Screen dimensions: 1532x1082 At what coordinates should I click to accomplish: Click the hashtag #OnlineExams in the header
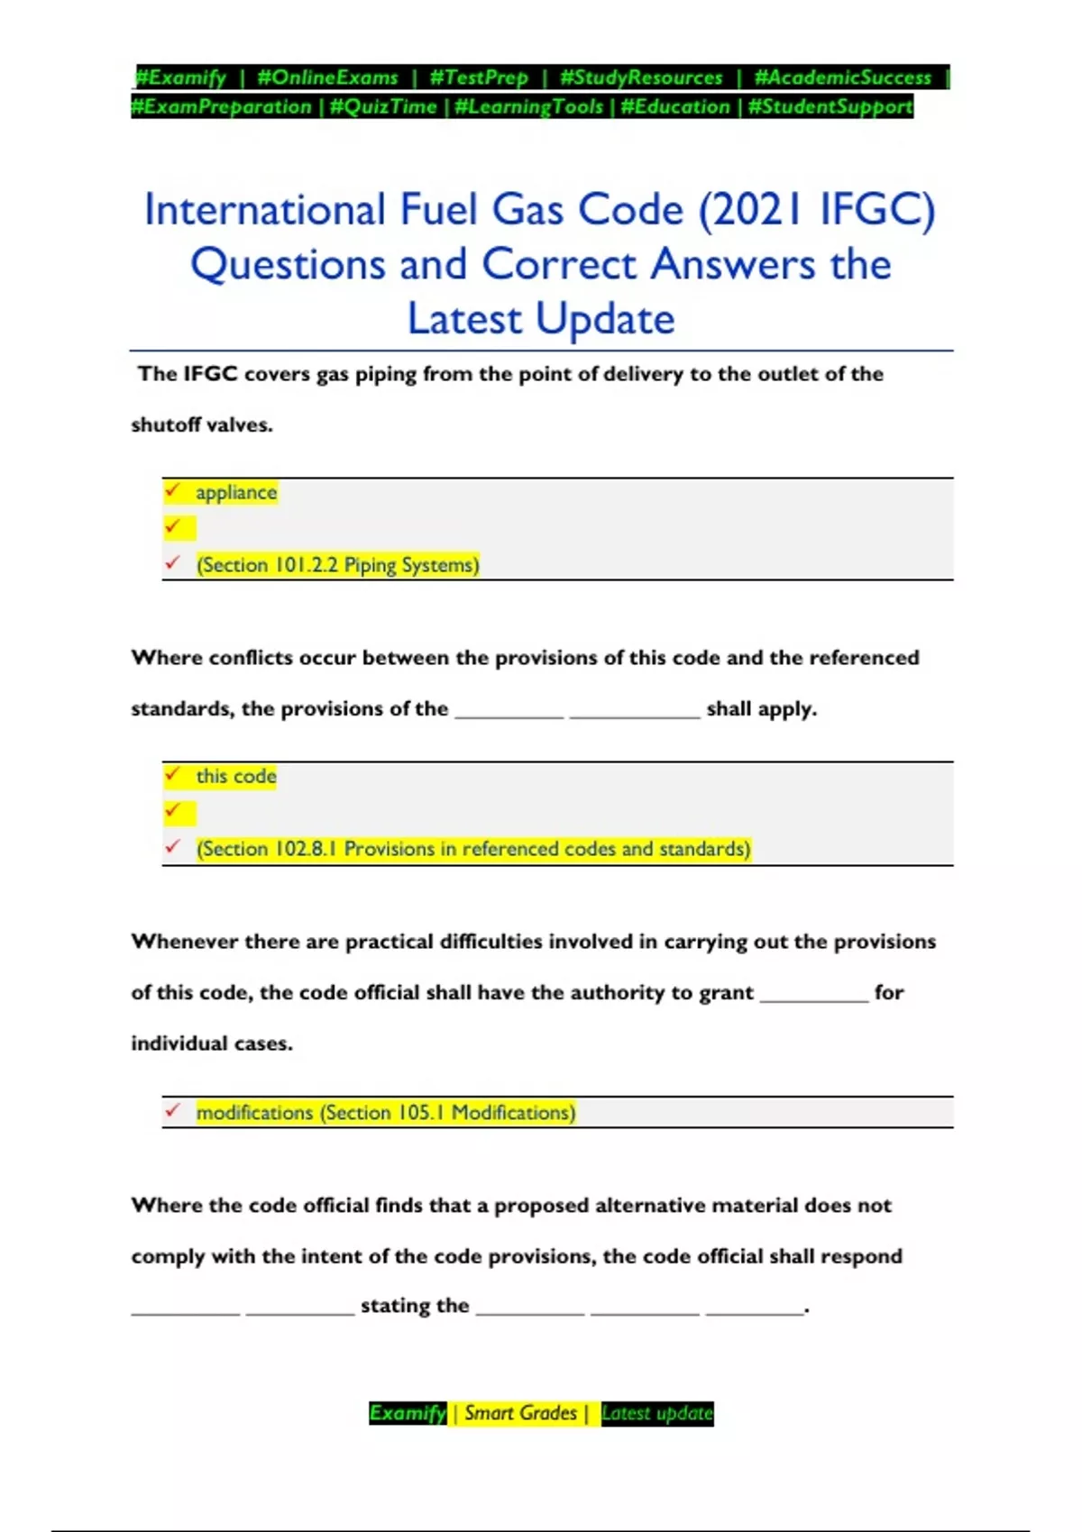(x=327, y=78)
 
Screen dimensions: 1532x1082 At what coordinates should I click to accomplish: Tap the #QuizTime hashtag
(x=383, y=106)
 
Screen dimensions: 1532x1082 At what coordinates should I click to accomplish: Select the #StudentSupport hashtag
(x=830, y=106)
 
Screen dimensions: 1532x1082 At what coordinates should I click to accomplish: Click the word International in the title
(x=265, y=210)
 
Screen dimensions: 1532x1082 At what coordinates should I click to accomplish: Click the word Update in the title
(x=605, y=319)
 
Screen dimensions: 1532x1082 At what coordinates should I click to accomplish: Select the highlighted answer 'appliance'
(x=236, y=492)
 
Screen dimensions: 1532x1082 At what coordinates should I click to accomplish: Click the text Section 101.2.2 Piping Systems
(x=337, y=565)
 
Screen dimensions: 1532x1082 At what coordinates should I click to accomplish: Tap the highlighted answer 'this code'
(x=236, y=776)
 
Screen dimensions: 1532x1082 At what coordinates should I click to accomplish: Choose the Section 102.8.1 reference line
(x=472, y=849)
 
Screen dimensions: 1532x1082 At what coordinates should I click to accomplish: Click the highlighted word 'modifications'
(x=255, y=1113)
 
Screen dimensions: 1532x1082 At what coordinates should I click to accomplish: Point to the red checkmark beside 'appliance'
(x=172, y=490)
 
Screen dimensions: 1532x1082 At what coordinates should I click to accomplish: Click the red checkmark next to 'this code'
(x=172, y=774)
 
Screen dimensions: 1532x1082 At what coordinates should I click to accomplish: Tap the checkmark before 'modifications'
(x=172, y=1111)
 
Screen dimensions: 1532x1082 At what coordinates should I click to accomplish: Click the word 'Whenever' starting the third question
(x=185, y=942)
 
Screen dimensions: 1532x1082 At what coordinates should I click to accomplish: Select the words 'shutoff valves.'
(x=202, y=424)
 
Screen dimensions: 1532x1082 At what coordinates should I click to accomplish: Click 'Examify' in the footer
(x=408, y=1413)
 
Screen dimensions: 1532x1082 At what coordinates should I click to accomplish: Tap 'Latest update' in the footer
(x=657, y=1413)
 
